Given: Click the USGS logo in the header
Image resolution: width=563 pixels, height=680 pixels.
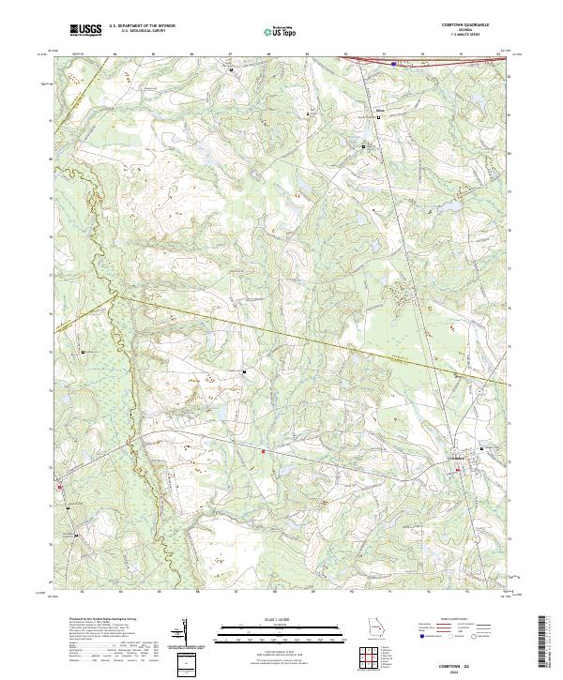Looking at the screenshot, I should (x=86, y=30).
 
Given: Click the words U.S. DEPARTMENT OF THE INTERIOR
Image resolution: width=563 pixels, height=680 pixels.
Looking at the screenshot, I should (x=142, y=26).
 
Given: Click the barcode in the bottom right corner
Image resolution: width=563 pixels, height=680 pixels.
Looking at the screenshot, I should (x=543, y=642).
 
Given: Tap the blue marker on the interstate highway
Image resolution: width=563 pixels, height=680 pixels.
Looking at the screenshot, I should (x=393, y=64).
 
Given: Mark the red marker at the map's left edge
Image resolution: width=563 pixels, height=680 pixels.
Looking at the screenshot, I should (x=58, y=487).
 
